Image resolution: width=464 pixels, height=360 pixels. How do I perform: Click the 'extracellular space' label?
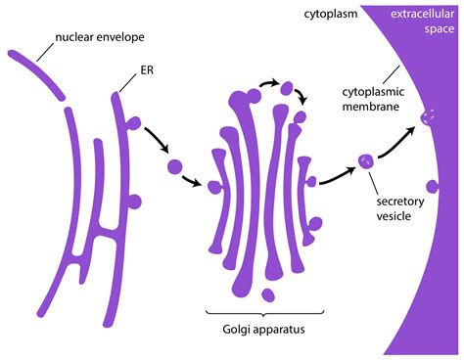coord(417,22)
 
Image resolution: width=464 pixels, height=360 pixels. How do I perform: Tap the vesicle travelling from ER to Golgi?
coord(175,165)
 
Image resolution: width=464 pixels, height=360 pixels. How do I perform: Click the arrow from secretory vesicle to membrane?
coord(396,142)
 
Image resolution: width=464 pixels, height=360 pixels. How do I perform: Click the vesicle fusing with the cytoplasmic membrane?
coord(427,119)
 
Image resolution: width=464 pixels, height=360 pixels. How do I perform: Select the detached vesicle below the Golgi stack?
coord(270,293)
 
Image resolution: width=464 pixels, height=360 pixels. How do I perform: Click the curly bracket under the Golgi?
coord(261,312)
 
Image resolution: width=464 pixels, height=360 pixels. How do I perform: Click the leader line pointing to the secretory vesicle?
coord(376,178)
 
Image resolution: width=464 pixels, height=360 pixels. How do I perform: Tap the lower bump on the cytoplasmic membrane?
coord(432,186)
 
